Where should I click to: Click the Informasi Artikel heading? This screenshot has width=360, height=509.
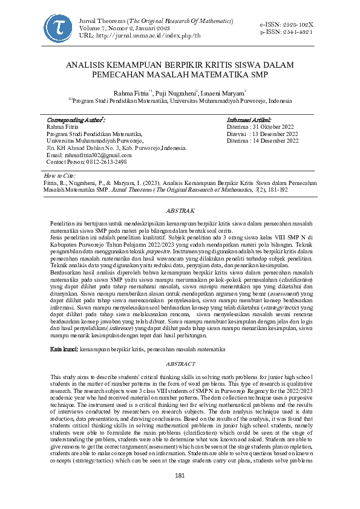249,120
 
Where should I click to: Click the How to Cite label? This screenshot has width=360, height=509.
60,175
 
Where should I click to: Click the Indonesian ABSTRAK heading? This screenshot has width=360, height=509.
180,210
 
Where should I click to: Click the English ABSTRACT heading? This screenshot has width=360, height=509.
180,363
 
